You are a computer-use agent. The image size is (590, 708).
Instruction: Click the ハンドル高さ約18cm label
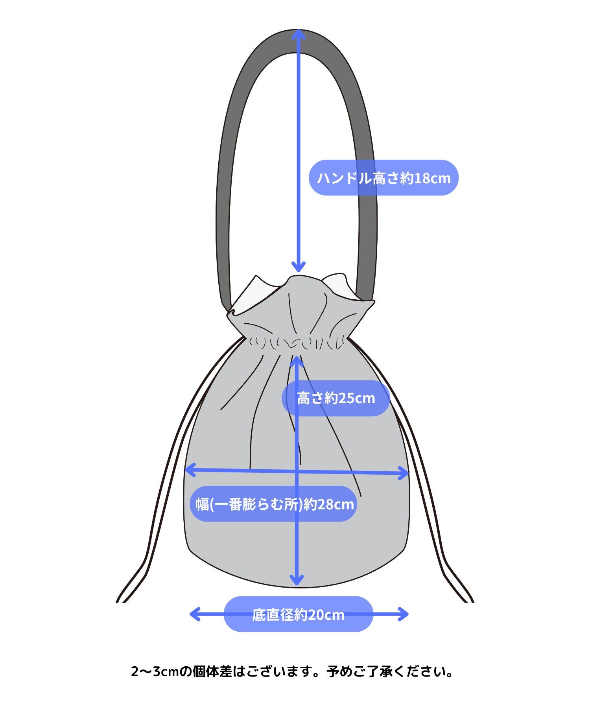pos(383,178)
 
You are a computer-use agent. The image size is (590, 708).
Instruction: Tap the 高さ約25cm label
pos(336,398)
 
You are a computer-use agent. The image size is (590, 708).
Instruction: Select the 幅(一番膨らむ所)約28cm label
pos(274,504)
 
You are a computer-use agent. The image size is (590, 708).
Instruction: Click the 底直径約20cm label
pos(298,615)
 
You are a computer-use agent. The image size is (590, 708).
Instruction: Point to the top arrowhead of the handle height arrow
pos(299,33)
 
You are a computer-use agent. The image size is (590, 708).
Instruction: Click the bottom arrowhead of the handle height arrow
pos(299,267)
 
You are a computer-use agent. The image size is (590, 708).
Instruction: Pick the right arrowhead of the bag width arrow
pos(404,473)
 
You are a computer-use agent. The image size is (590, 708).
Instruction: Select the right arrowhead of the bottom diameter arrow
pos(404,614)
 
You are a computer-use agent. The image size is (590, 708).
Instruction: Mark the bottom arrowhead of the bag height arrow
pos(297,580)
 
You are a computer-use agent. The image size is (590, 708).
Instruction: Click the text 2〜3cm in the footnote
pos(155,671)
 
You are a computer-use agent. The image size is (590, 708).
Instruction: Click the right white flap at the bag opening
pos(342,287)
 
